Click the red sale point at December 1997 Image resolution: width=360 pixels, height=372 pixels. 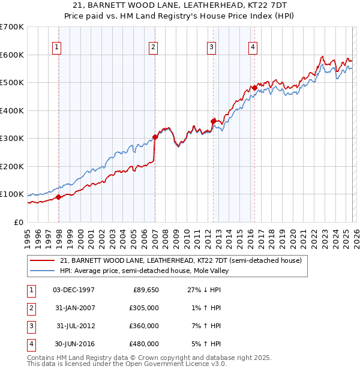coord(58,197)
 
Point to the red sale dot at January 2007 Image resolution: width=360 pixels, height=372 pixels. coord(155,137)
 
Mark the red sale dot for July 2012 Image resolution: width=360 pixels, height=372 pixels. coord(213,121)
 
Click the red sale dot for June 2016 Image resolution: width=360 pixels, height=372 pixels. coord(254,88)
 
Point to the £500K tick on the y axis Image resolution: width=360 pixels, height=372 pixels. coord(12,83)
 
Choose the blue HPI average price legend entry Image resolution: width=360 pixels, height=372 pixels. coord(145,271)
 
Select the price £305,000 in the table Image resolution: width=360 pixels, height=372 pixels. coord(145,308)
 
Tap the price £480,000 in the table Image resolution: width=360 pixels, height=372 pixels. coord(145,344)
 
